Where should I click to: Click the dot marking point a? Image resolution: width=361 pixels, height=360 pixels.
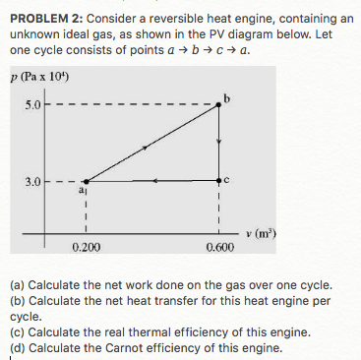(86, 181)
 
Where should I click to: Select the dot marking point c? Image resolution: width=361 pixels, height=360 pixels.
(219, 181)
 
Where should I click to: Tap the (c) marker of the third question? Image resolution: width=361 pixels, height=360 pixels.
(17, 332)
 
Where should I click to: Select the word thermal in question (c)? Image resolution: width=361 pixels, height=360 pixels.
(148, 332)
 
